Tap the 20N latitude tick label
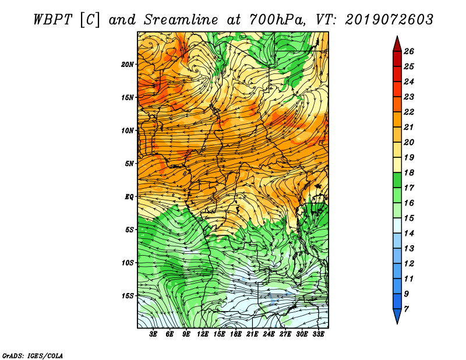tap(128, 64)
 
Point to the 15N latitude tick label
tap(128, 97)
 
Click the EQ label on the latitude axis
tap(129, 196)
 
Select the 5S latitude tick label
tap(130, 230)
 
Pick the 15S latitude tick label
tap(128, 295)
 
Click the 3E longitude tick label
tap(154, 334)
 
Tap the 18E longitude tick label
tap(236, 334)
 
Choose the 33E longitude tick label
tap(318, 334)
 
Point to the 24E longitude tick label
tap(269, 334)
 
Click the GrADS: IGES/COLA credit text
tap(32, 355)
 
